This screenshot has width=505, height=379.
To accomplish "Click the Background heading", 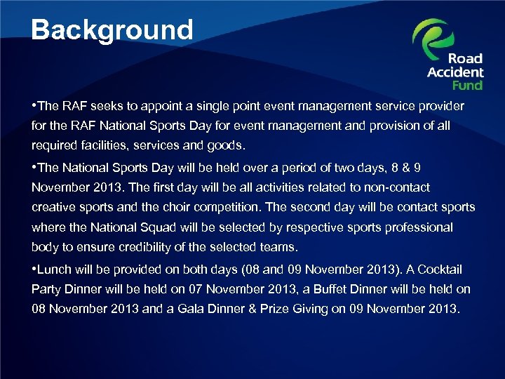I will pyautogui.click(x=112, y=30).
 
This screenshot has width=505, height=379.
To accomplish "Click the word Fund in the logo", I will pyautogui.click(x=467, y=85).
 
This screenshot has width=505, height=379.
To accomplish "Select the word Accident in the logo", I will pyautogui.click(x=455, y=72).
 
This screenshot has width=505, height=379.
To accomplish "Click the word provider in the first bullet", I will pyautogui.click(x=440, y=106).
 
